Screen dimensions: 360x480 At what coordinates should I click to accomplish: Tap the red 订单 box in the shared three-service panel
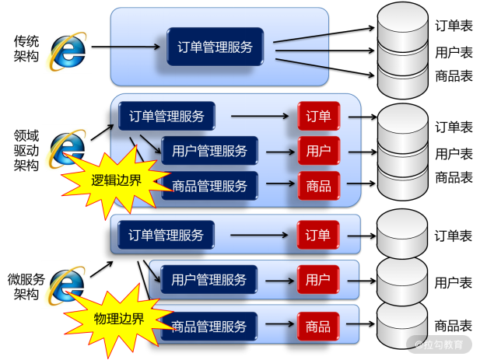[318, 117]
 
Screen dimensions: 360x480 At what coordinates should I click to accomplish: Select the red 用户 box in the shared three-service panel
[318, 150]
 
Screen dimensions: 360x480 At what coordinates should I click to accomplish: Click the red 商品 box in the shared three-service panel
[318, 186]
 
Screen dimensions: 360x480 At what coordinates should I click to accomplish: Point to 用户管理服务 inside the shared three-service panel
[209, 150]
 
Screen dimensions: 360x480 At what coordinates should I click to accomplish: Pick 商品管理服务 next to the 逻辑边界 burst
[209, 186]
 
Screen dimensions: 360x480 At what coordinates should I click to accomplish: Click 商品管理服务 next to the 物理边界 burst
[209, 326]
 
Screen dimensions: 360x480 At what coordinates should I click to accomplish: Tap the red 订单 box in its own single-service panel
[317, 235]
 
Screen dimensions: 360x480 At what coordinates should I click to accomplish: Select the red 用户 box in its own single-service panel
[317, 279]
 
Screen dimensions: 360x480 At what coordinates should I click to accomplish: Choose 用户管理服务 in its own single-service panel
[208, 279]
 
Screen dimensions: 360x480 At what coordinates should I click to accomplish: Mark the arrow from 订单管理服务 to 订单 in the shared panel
[260, 117]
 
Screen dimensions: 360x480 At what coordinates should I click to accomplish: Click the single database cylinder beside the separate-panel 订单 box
[402, 232]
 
